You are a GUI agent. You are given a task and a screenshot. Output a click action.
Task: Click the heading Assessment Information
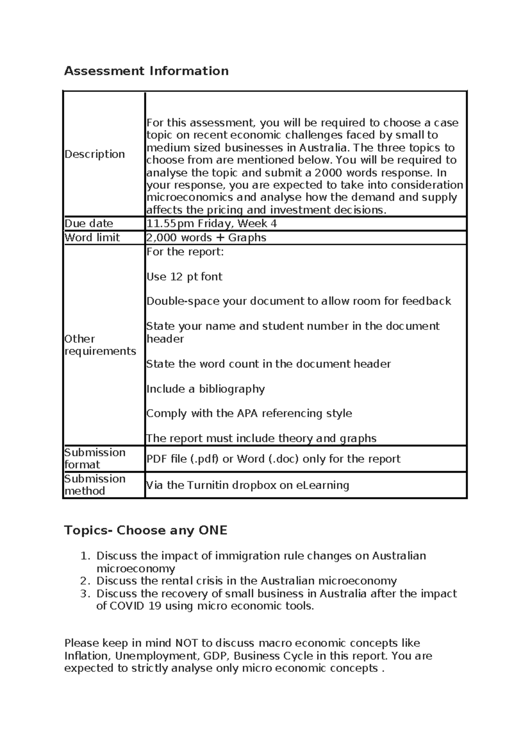point(146,71)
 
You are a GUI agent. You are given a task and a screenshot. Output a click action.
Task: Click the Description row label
point(95,154)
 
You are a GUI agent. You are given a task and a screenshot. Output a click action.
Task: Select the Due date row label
point(89,223)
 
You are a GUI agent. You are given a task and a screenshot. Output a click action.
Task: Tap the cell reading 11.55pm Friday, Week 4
point(212,223)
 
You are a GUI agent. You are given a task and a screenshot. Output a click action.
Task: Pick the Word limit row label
point(92,237)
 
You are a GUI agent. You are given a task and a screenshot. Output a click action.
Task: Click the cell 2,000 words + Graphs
point(206,237)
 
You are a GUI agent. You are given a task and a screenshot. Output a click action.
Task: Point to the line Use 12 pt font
point(184,277)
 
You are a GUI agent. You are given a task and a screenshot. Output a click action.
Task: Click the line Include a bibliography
point(205,389)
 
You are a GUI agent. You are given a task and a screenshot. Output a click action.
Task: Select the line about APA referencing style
point(249,413)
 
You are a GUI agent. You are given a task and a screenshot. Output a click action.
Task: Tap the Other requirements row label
point(100,345)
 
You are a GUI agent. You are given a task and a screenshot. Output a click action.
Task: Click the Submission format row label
point(95,459)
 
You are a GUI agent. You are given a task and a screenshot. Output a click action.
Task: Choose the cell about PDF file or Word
point(273,459)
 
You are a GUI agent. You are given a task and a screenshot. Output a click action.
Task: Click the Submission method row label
point(95,485)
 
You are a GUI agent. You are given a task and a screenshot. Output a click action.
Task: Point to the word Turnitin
point(208,485)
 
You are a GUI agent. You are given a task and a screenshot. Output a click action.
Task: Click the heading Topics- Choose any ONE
point(145,530)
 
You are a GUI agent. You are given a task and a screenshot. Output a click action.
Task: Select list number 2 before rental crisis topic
point(85,581)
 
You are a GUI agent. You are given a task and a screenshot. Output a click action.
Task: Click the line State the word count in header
point(268,364)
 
